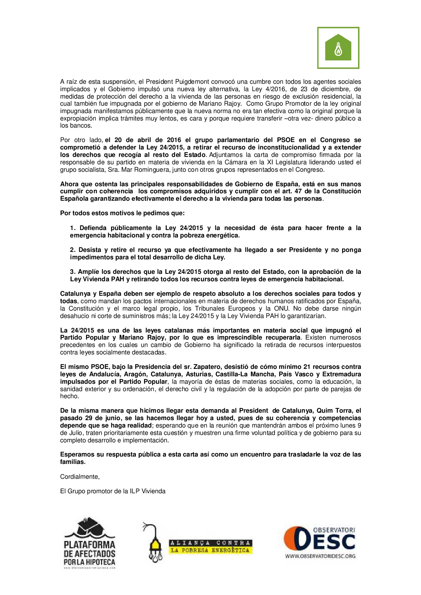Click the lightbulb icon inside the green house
pyautogui.click(x=338, y=49)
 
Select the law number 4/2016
pyautogui.click(x=272, y=89)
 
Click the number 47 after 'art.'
pyautogui.click(x=299, y=191)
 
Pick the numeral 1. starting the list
pyautogui.click(x=73, y=228)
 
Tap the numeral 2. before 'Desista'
pyautogui.click(x=73, y=250)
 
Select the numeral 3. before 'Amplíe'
pyautogui.click(x=73, y=272)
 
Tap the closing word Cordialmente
pyautogui.click(x=80, y=477)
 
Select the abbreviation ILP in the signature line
pyautogui.click(x=135, y=491)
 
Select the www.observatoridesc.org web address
pyautogui.click(x=320, y=556)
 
